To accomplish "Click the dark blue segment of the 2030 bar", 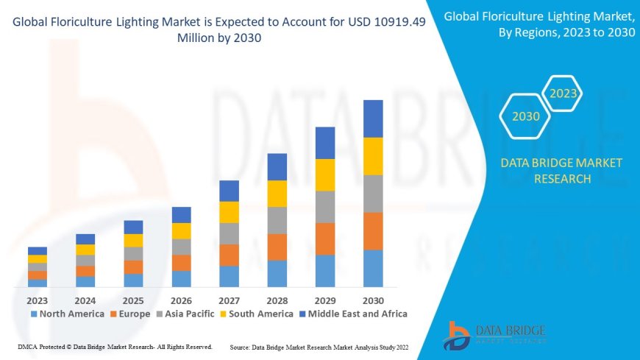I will click(x=373, y=119).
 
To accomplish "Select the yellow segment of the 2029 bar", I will click(x=325, y=174).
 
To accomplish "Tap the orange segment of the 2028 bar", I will click(x=277, y=247).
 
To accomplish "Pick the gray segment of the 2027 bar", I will click(x=229, y=233).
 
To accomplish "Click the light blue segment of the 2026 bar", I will click(x=181, y=278).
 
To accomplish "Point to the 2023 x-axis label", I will click(x=38, y=300).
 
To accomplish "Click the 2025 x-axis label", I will click(x=133, y=300).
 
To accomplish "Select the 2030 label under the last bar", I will click(x=373, y=300).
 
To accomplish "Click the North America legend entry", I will click(x=67, y=314).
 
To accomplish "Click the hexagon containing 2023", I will click(x=563, y=93).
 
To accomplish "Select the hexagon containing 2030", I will click(x=526, y=116).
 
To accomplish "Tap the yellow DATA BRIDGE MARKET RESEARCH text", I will click(x=561, y=170).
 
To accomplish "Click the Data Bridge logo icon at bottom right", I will click(x=458, y=336).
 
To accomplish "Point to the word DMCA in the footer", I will click(x=27, y=346).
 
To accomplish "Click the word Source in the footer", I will click(x=241, y=346).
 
